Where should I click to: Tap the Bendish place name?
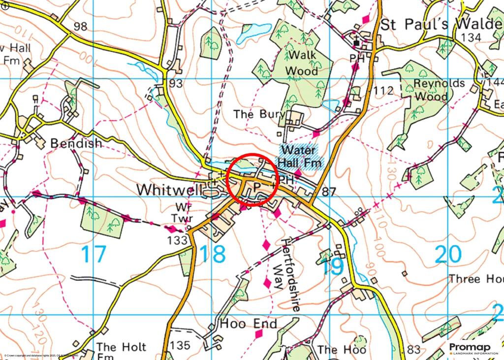coord(76,143)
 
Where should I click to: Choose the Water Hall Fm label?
coord(301,156)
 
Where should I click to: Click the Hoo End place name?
coord(249,324)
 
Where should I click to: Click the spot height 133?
coord(178,240)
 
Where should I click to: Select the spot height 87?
coord(329,192)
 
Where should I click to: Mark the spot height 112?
coord(383,91)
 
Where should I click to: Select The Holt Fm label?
coord(113,351)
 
